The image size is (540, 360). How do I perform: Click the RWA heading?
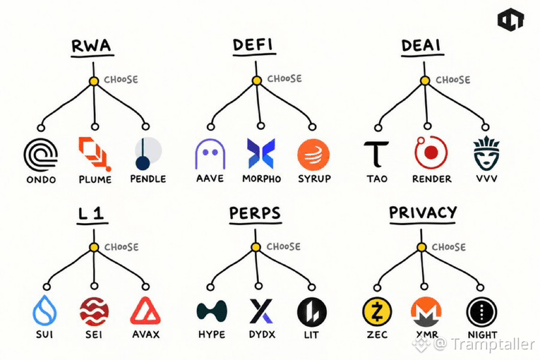91,46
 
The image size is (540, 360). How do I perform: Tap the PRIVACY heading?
423,213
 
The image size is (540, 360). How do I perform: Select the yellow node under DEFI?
256,81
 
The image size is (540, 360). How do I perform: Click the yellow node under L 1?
94,247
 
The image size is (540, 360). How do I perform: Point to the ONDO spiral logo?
40,155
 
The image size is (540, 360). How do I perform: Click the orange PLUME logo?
95,154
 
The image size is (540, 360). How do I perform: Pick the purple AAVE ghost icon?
210,154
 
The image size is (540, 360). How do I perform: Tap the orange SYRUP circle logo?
314,155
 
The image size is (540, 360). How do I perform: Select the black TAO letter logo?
376,154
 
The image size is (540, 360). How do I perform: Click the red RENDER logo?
430,152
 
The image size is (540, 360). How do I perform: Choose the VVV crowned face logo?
487,153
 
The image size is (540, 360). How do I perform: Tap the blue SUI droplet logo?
45,310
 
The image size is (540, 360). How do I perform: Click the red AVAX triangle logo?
145,310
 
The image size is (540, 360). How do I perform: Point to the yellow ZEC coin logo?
377,312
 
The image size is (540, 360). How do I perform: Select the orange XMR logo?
427,312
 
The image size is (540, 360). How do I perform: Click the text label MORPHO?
262,179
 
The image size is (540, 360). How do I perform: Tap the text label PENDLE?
148,179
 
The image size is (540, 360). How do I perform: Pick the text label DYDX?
262,335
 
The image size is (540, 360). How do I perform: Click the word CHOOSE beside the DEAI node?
453,80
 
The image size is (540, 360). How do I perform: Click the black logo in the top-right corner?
511,20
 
